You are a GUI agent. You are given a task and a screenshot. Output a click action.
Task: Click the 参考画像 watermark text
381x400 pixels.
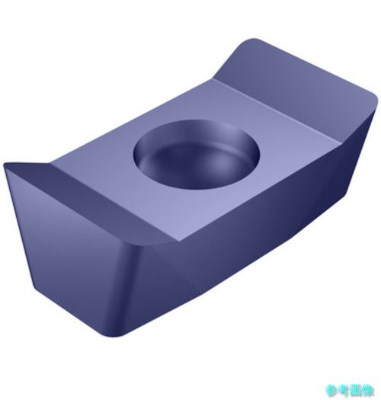tap(349, 390)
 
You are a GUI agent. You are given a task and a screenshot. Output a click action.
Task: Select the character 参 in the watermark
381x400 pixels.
tap(331, 390)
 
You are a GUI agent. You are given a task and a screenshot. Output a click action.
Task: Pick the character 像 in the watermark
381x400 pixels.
tap(368, 390)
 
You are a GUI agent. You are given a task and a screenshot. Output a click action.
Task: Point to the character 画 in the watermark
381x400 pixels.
tap(356, 390)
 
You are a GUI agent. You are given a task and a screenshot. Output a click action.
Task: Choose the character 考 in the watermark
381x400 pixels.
tap(344, 390)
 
